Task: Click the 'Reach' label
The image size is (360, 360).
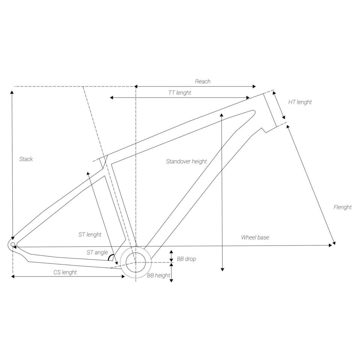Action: tap(203, 81)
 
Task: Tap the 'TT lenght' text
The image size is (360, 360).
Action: tap(180, 93)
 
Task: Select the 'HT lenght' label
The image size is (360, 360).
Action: tap(300, 102)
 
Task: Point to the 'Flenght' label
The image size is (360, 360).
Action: tap(342, 207)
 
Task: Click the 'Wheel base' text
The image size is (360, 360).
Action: tap(255, 237)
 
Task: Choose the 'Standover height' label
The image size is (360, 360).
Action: tap(186, 161)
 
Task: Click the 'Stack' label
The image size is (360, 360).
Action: tap(26, 159)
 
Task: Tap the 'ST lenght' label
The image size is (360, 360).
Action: tap(90, 234)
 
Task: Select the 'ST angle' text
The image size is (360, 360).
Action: tap(97, 252)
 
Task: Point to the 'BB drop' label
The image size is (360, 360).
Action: tap(186, 259)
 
